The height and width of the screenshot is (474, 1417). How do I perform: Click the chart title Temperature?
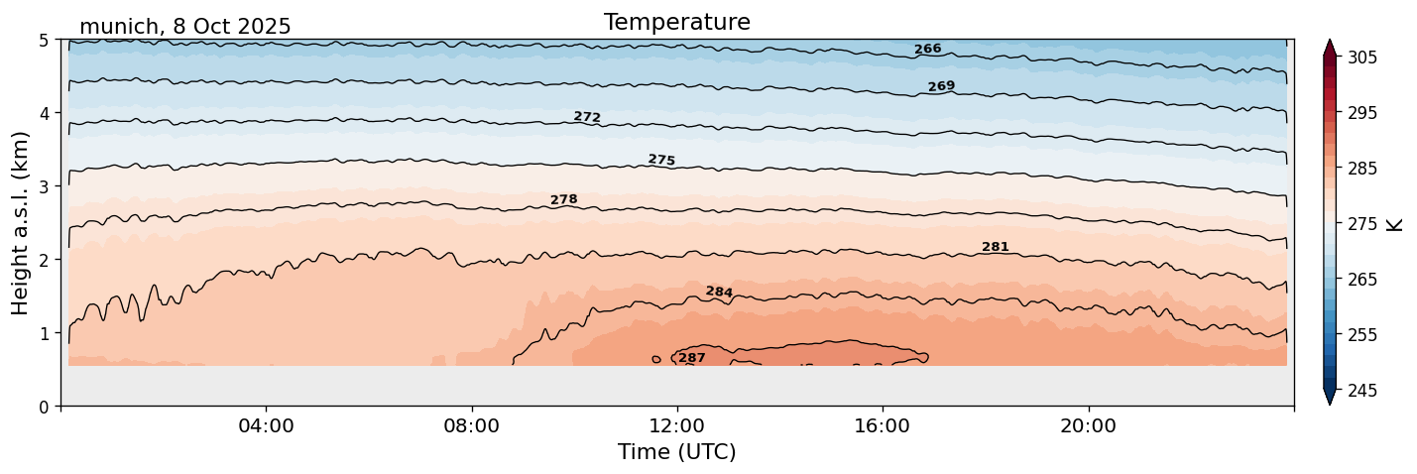coord(676,22)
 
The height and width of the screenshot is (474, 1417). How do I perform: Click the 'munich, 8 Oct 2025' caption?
coord(184,27)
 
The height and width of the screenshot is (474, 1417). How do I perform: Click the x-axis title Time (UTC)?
coord(676,453)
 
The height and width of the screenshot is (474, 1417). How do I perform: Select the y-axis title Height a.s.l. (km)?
coord(21,223)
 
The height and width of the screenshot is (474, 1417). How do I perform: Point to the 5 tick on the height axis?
coord(44,41)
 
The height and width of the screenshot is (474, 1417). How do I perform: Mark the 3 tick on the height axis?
coord(44,186)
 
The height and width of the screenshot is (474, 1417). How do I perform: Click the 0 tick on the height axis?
coord(44,407)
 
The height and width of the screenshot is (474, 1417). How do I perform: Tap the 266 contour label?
coord(927,50)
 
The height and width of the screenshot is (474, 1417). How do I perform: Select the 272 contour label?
coord(587,117)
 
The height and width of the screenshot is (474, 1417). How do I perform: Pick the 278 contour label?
coord(563,200)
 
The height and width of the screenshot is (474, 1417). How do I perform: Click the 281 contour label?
coord(995,247)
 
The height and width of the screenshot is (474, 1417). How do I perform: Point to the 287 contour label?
coord(692,358)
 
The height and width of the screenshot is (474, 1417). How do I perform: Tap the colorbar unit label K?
coord(1395,224)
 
